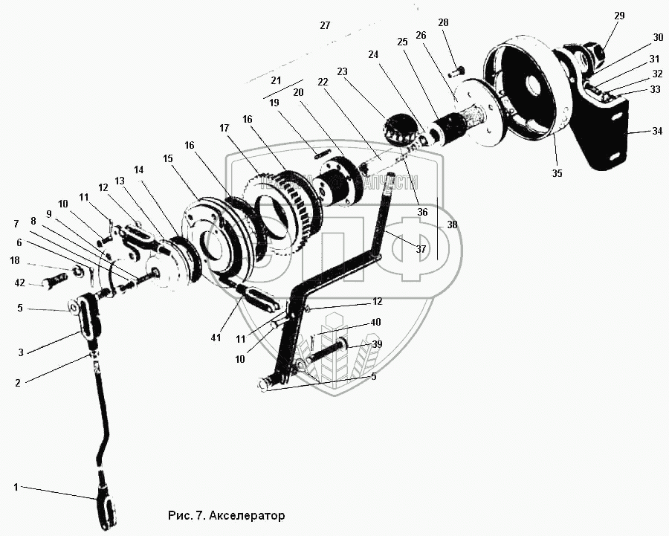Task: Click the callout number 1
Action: (x=15, y=487)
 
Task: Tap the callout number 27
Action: (x=324, y=25)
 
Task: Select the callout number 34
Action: (x=656, y=131)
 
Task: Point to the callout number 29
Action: (x=620, y=16)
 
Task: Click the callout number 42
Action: (x=19, y=282)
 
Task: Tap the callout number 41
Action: (x=216, y=338)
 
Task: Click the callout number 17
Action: (x=225, y=128)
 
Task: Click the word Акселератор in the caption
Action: (x=248, y=514)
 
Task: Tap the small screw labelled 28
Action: (x=459, y=71)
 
